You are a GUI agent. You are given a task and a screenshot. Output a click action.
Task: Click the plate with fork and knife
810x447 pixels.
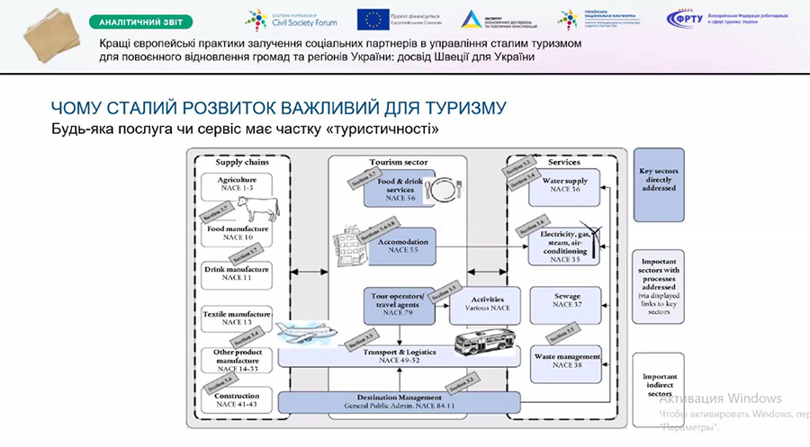point(444,190)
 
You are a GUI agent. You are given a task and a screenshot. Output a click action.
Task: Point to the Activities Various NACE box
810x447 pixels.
point(488,304)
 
